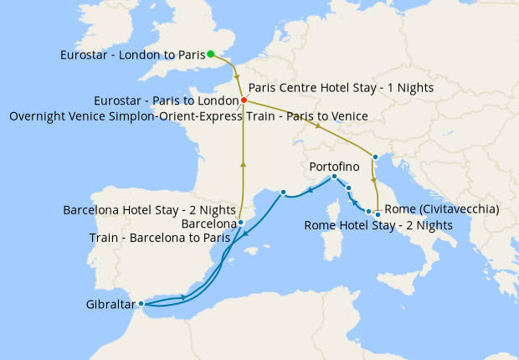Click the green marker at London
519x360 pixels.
pyautogui.click(x=211, y=54)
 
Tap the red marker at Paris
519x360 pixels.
pyautogui.click(x=243, y=100)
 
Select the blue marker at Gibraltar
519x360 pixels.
pyautogui.click(x=141, y=303)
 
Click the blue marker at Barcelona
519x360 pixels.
pyautogui.click(x=240, y=223)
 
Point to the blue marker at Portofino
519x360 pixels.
pyautogui.click(x=334, y=177)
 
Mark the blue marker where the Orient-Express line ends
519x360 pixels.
pyautogui.click(x=375, y=157)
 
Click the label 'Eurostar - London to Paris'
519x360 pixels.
pyautogui.click(x=132, y=55)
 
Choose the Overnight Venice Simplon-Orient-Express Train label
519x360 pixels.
pyautogui.click(x=188, y=116)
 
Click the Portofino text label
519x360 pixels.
pyautogui.click(x=335, y=167)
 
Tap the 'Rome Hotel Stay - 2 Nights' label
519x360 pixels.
pyautogui.click(x=378, y=225)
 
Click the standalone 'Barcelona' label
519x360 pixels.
pyautogui.click(x=208, y=224)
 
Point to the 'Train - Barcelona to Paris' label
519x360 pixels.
pyautogui.click(x=162, y=239)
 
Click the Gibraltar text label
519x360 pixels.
pyautogui.click(x=110, y=304)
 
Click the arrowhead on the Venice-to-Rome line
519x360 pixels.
pyautogui.click(x=373, y=178)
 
